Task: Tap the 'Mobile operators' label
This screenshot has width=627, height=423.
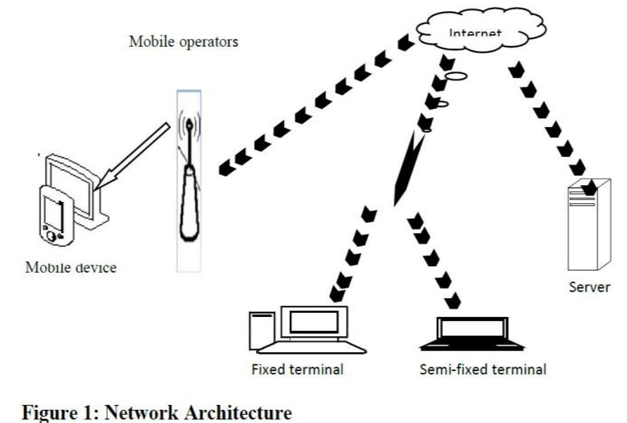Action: click(183, 43)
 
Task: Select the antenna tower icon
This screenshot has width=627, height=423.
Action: click(189, 180)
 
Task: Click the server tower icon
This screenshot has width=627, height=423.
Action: click(589, 225)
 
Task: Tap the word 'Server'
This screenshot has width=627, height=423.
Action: click(589, 286)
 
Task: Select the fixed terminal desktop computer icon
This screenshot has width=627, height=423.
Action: click(306, 329)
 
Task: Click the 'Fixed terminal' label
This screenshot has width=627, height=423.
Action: click(298, 369)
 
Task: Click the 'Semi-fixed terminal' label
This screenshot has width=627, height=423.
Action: click(483, 369)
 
